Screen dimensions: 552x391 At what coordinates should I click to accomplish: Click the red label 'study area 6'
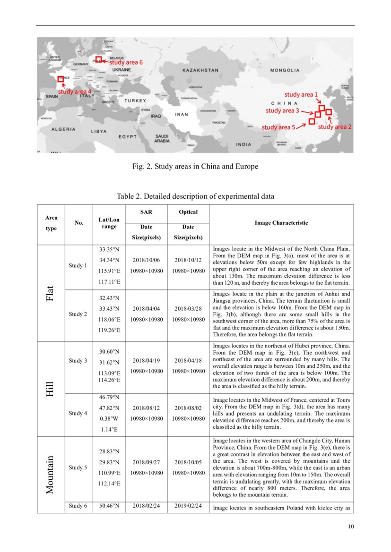coord(126,62)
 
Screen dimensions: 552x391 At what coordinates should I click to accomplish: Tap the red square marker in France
coord(61,79)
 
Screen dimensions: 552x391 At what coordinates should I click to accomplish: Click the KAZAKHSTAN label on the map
coord(200,70)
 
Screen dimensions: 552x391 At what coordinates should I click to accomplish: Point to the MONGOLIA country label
coord(285,70)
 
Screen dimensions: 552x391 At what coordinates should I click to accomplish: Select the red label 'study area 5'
coord(278,127)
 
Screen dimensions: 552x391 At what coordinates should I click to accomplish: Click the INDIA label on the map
coord(244,144)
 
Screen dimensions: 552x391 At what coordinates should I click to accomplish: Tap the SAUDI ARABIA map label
coord(162,138)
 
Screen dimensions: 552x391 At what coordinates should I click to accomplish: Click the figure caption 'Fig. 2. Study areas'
coord(195,167)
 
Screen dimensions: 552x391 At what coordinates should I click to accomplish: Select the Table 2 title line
coord(195,196)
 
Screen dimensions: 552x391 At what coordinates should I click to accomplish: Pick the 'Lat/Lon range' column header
coord(109,222)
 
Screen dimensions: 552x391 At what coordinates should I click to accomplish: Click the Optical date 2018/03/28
coord(188,309)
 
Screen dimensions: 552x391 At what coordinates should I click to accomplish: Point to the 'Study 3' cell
coord(78,361)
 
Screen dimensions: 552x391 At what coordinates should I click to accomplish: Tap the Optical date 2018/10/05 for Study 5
coord(188,462)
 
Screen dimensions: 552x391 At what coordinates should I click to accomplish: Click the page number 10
coord(350,527)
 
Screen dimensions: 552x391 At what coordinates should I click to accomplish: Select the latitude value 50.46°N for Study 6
coord(109,506)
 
